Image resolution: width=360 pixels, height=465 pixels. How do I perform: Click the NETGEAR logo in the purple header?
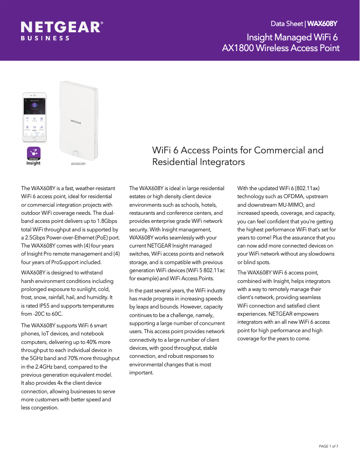(x=62, y=28)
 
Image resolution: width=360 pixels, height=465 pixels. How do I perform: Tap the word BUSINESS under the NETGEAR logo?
(x=45, y=39)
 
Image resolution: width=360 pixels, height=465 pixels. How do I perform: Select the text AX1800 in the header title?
(x=238, y=48)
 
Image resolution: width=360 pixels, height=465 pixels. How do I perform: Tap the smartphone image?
(x=36, y=117)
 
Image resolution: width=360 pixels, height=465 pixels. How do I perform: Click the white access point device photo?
(x=79, y=120)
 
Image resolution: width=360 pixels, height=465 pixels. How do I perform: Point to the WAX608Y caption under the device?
(x=78, y=164)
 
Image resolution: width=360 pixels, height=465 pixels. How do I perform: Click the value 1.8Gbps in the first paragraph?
(x=106, y=221)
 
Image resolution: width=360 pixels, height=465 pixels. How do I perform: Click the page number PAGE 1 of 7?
(x=328, y=446)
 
